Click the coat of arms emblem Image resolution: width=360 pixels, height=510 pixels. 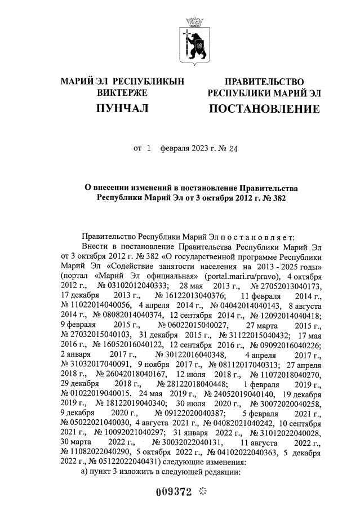click(197, 38)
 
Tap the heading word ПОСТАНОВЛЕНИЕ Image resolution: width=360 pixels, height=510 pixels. click(264, 108)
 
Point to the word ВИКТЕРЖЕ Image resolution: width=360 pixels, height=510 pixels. click(122, 92)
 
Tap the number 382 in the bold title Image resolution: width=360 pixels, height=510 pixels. click(279, 198)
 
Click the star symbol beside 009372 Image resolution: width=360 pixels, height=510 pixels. click(203, 490)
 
